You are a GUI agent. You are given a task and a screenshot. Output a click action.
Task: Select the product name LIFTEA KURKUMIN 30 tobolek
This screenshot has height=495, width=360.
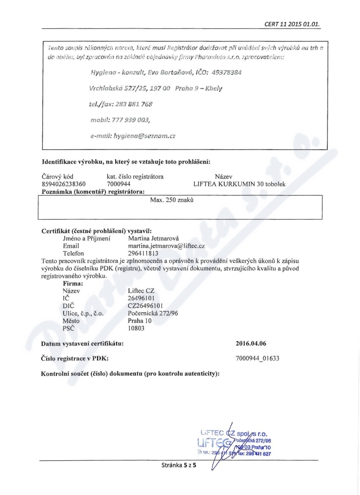(239, 184)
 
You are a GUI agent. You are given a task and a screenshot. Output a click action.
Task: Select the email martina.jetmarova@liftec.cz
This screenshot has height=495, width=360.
(166, 247)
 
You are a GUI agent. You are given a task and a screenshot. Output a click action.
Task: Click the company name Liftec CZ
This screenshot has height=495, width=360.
(141, 291)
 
